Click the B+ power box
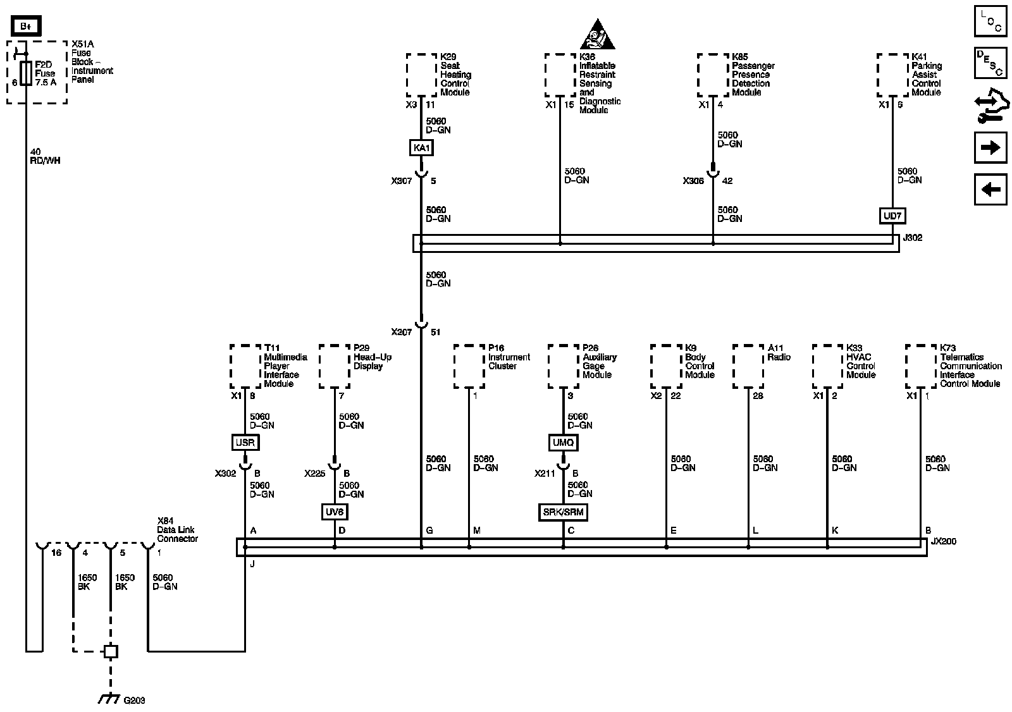[x=26, y=26]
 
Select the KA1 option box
[x=421, y=148]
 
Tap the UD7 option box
[x=892, y=216]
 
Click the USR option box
[x=245, y=443]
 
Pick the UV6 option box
[x=334, y=512]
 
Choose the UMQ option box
[x=563, y=443]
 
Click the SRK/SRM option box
[x=563, y=512]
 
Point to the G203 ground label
[x=134, y=701]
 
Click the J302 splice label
[x=913, y=238]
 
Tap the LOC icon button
[x=990, y=21]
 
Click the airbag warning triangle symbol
[x=598, y=35]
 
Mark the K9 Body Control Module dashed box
[x=665, y=366]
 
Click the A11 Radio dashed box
[x=748, y=366]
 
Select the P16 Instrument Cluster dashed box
[x=469, y=366]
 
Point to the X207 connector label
[x=401, y=332]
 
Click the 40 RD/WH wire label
[x=44, y=156]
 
